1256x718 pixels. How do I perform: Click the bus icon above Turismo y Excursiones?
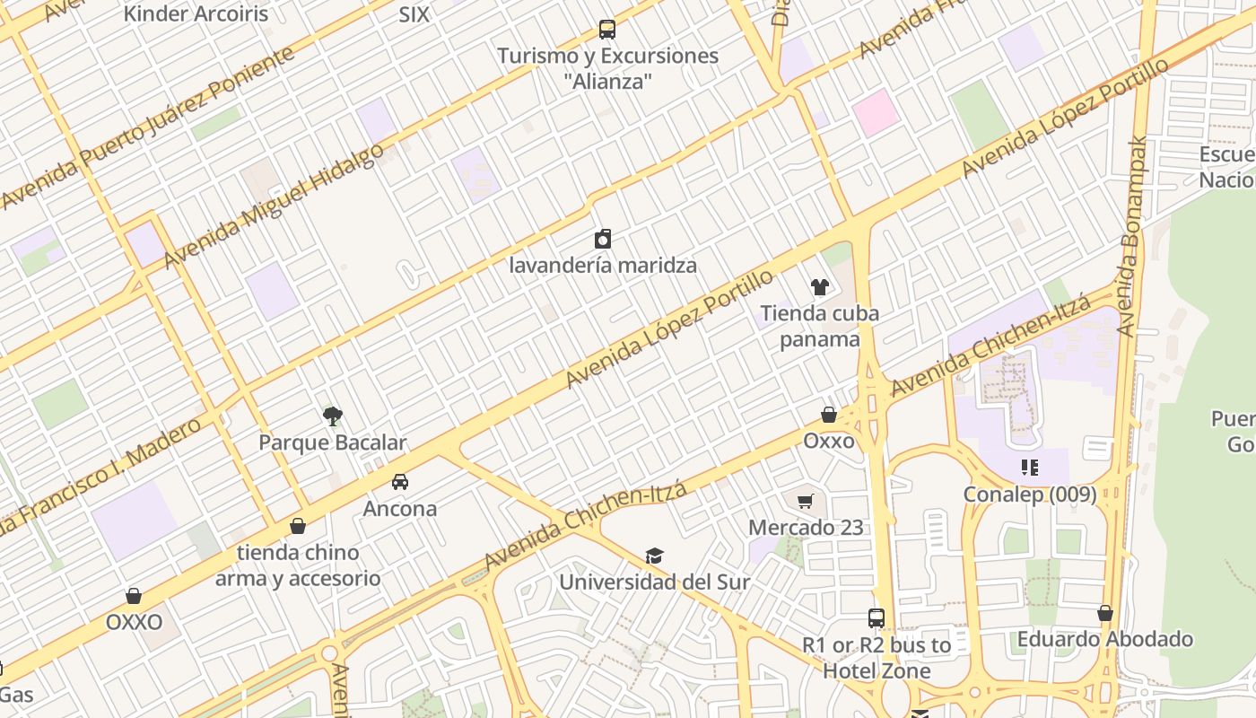pos(607,30)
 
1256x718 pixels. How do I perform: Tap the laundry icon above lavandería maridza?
pos(603,239)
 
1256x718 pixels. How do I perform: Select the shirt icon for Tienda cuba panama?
pos(820,287)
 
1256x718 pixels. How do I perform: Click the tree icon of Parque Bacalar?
pos(333,416)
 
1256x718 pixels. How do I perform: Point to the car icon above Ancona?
pos(400,482)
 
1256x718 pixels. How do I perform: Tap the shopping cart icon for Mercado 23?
pos(806,501)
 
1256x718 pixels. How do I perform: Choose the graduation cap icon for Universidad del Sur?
pos(654,556)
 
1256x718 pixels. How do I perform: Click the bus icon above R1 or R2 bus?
pos(877,618)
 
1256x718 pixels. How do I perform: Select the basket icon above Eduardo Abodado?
pos(1105,613)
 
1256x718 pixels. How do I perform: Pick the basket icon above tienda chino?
pos(298,525)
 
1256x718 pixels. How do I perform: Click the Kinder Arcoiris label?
pos(196,13)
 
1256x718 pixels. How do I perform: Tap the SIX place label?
pos(414,14)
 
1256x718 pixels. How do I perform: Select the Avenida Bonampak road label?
pos(1132,237)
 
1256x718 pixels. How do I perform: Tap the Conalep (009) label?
pos(1030,495)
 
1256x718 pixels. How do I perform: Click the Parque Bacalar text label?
pos(332,442)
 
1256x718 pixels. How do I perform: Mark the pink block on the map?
pos(875,112)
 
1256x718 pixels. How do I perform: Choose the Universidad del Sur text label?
pos(654,582)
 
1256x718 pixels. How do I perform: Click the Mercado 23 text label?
pos(806,527)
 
